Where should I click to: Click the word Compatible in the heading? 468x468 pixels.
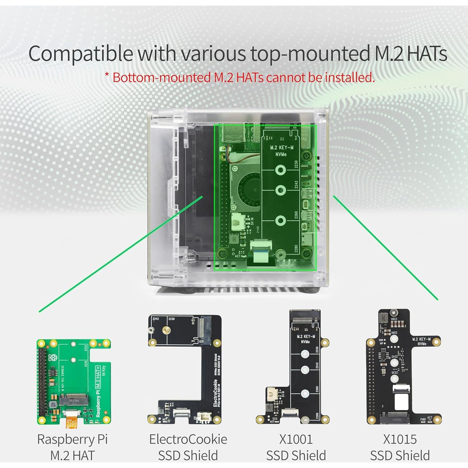click(x=81, y=54)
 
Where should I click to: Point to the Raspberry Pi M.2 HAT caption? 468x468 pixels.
click(x=72, y=447)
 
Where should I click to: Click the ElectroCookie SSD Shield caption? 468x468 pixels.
click(x=188, y=447)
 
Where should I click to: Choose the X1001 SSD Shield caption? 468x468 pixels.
click(x=296, y=447)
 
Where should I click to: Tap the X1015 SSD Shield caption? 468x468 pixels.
click(x=400, y=447)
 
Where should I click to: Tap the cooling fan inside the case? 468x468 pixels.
click(x=248, y=190)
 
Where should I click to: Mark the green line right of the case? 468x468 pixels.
click(x=385, y=248)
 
